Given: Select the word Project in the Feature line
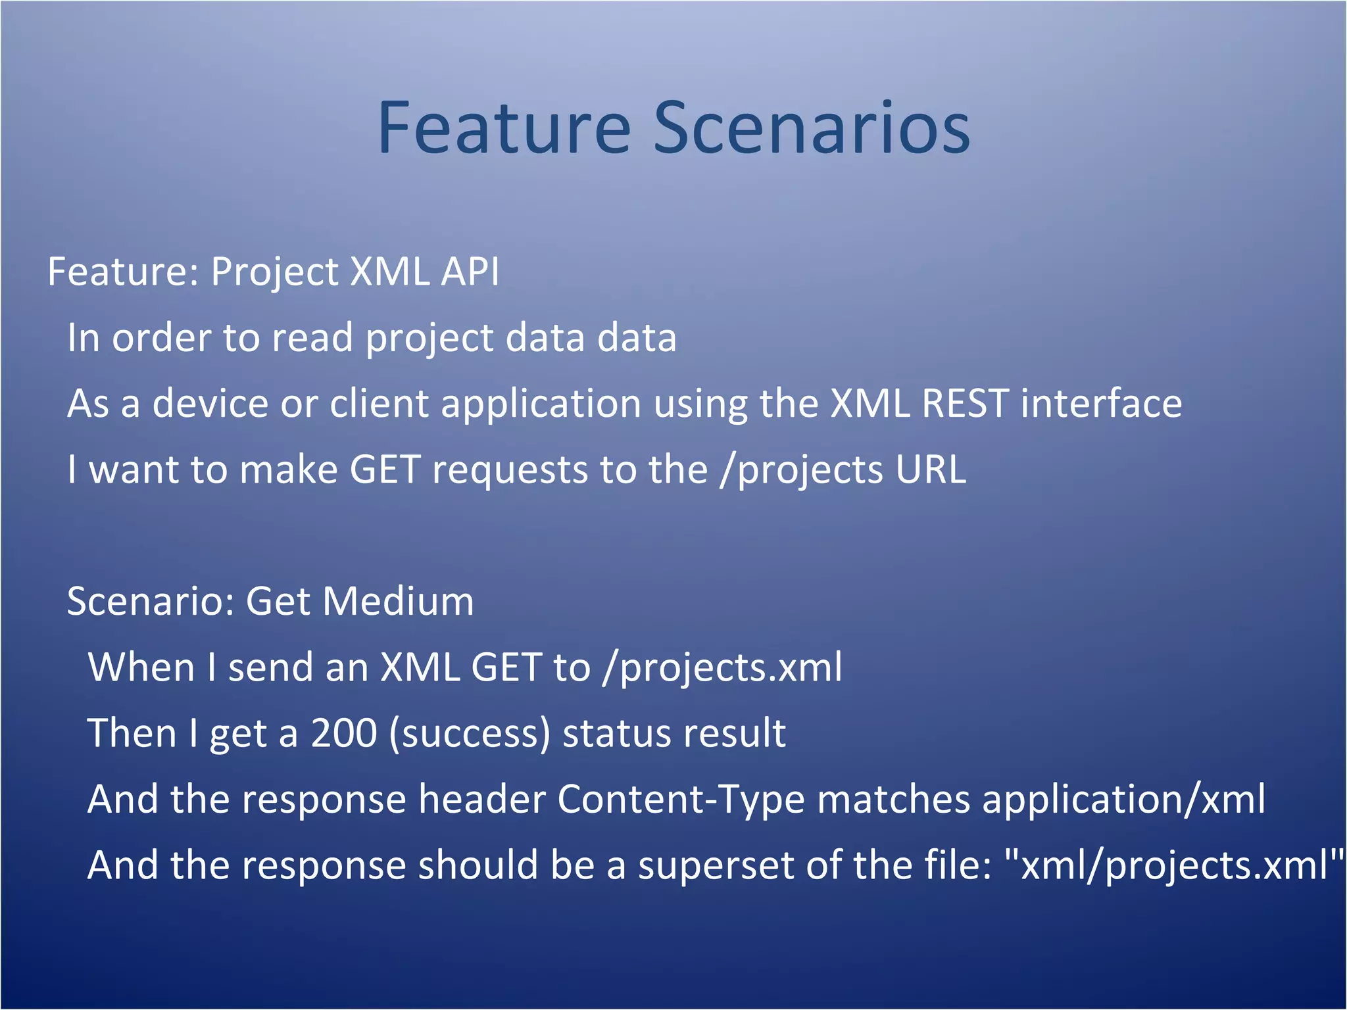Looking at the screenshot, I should click(x=274, y=273).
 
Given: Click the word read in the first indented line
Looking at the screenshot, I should click(x=312, y=337).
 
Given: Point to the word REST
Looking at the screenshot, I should click(x=965, y=403).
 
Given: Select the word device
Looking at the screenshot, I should click(x=210, y=403).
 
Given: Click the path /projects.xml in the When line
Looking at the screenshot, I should click(x=722, y=668).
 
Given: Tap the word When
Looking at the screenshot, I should click(x=141, y=667).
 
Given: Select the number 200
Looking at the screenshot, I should click(x=343, y=733).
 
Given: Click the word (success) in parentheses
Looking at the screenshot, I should click(x=469, y=734).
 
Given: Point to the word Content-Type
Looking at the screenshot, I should click(x=681, y=800).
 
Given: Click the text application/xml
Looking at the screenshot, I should click(x=1123, y=800).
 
